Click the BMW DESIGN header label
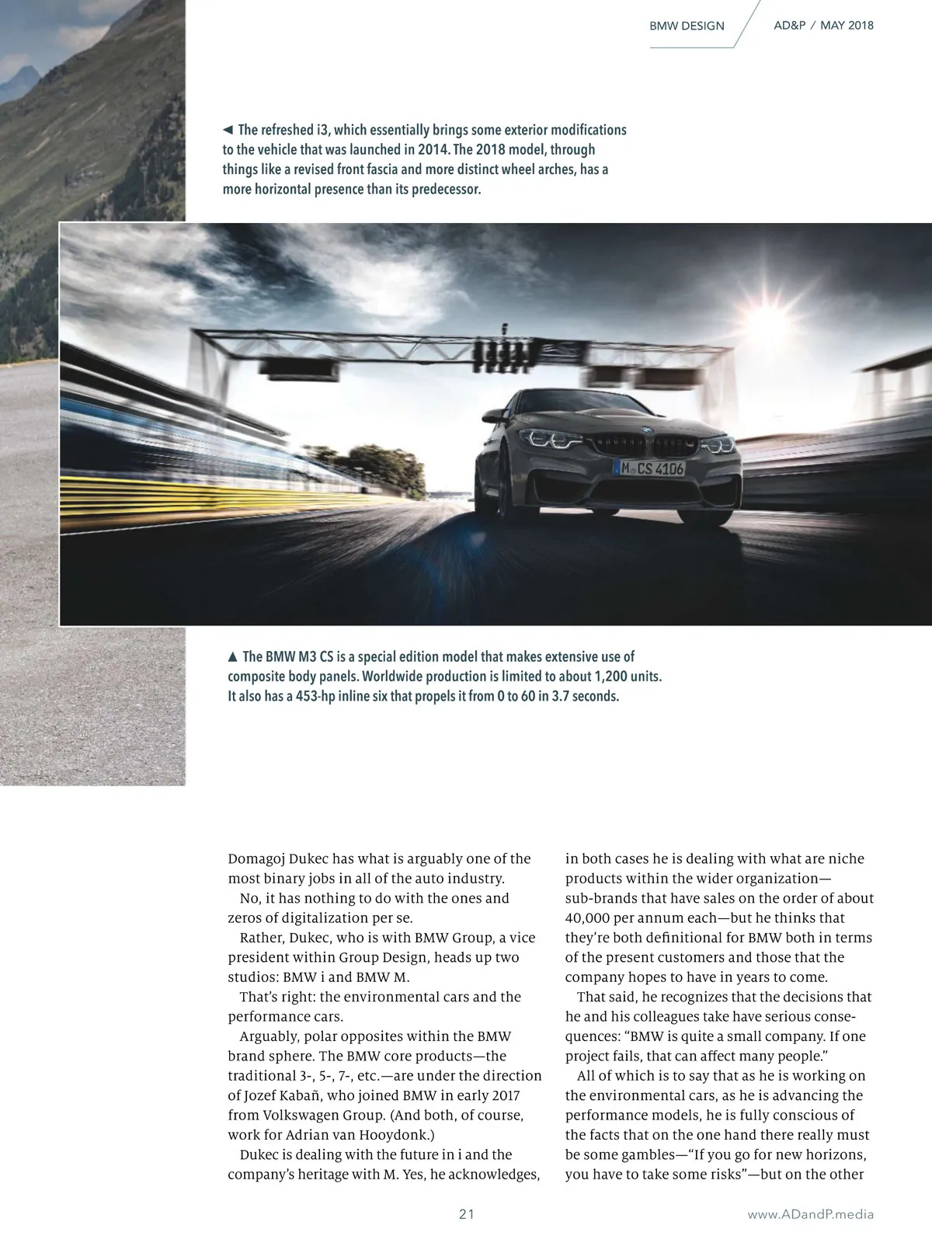pyautogui.click(x=687, y=26)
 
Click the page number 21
pyautogui.click(x=466, y=1214)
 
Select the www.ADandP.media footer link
pyautogui.click(x=810, y=1214)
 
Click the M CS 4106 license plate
pyautogui.click(x=649, y=468)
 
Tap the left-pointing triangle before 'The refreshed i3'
pyautogui.click(x=228, y=130)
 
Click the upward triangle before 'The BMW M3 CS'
pyautogui.click(x=233, y=656)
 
